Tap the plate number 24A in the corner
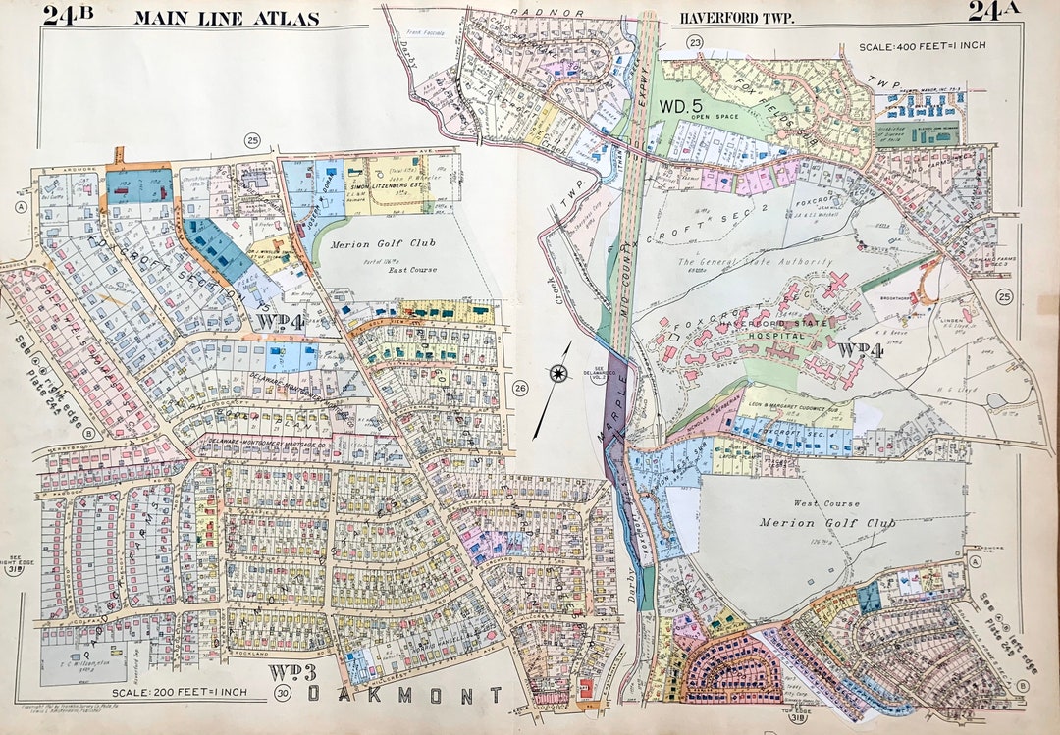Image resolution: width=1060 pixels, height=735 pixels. (994, 12)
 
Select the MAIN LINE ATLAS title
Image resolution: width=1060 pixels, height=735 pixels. (226, 18)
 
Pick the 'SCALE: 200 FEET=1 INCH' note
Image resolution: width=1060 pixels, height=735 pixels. (180, 694)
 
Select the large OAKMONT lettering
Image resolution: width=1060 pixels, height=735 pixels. (405, 696)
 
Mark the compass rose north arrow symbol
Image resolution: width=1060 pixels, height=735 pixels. (558, 373)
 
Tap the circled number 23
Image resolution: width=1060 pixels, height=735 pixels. (695, 41)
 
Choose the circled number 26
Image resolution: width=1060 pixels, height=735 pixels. (520, 389)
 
